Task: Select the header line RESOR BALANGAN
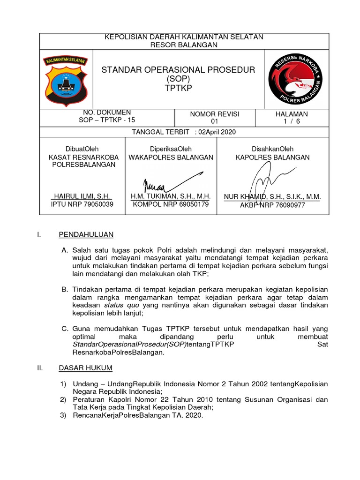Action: coord(184,45)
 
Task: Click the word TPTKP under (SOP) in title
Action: coord(179,88)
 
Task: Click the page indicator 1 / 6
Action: coord(292,121)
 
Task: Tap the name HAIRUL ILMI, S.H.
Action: coord(82,196)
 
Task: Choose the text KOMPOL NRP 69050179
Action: coord(171,204)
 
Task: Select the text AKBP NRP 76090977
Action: coord(272,205)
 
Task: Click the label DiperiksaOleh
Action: coord(171,149)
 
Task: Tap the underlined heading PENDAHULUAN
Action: coord(86,234)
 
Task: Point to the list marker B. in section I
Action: coord(65,290)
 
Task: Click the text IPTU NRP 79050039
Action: coord(82,204)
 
